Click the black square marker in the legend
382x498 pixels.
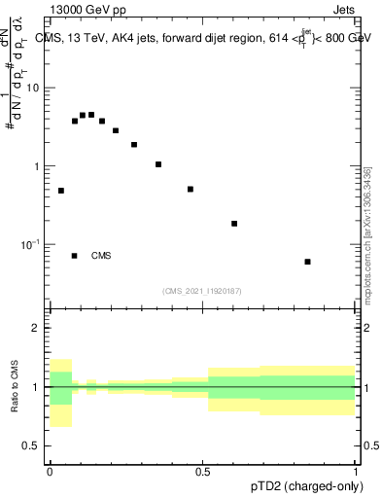[75, 256]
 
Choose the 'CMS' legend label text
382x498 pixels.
[101, 256]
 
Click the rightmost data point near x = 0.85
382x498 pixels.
[308, 262]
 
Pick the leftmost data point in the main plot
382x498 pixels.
[61, 191]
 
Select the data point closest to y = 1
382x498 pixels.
[158, 164]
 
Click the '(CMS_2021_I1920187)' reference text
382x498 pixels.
[201, 291]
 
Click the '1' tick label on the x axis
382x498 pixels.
[355, 471]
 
